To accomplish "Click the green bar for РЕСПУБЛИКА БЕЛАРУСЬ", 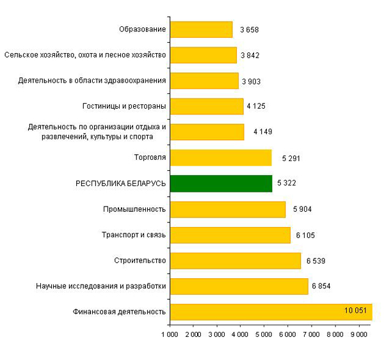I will (x=221, y=184).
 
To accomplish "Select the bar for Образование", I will (x=201, y=29).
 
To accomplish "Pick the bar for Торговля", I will (x=221, y=158).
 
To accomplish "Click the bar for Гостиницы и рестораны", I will (x=207, y=106).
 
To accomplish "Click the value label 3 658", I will (x=249, y=29).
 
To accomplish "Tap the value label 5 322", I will (x=287, y=184).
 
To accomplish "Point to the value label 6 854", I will (x=323, y=286).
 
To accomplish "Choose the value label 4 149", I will (x=263, y=132).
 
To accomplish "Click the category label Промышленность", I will (x=134, y=209).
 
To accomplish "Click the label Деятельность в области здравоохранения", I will (x=93, y=81).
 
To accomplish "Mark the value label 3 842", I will (x=250, y=56).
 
